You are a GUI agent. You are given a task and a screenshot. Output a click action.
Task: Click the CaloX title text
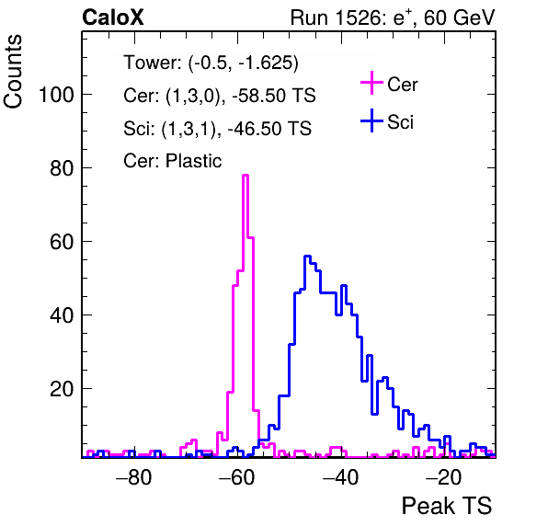[x=113, y=17]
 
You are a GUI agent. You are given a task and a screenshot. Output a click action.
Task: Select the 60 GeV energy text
[x=459, y=17]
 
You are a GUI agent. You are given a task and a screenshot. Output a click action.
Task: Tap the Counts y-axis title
[x=13, y=72]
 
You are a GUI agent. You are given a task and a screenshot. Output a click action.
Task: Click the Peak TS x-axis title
[x=447, y=506]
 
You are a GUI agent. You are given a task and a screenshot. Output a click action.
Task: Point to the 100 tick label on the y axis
[x=57, y=95]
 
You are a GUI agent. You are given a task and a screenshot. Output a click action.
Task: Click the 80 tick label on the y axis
[x=62, y=168]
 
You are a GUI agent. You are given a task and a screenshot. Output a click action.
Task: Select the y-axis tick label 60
[x=62, y=242]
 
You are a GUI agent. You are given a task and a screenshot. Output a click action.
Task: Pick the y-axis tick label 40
[x=62, y=315]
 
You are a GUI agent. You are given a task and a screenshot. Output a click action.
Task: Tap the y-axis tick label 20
[x=62, y=389]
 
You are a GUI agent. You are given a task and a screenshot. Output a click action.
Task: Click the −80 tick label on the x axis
[x=134, y=477]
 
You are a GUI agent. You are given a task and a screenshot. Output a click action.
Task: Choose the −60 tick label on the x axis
[x=237, y=477]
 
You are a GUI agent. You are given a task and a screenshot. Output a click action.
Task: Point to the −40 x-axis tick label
[x=340, y=477]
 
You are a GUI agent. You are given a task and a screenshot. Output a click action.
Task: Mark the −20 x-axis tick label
[x=443, y=477]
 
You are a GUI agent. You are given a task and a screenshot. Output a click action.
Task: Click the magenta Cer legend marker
[x=371, y=83]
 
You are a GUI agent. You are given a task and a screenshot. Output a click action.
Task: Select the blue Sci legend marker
[x=371, y=121]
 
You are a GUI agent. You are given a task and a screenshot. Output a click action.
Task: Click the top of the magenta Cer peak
[x=245, y=175]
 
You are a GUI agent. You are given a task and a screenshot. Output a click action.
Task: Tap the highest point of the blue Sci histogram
[x=307, y=257]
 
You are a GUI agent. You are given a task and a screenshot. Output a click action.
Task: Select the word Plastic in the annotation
[x=193, y=161]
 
